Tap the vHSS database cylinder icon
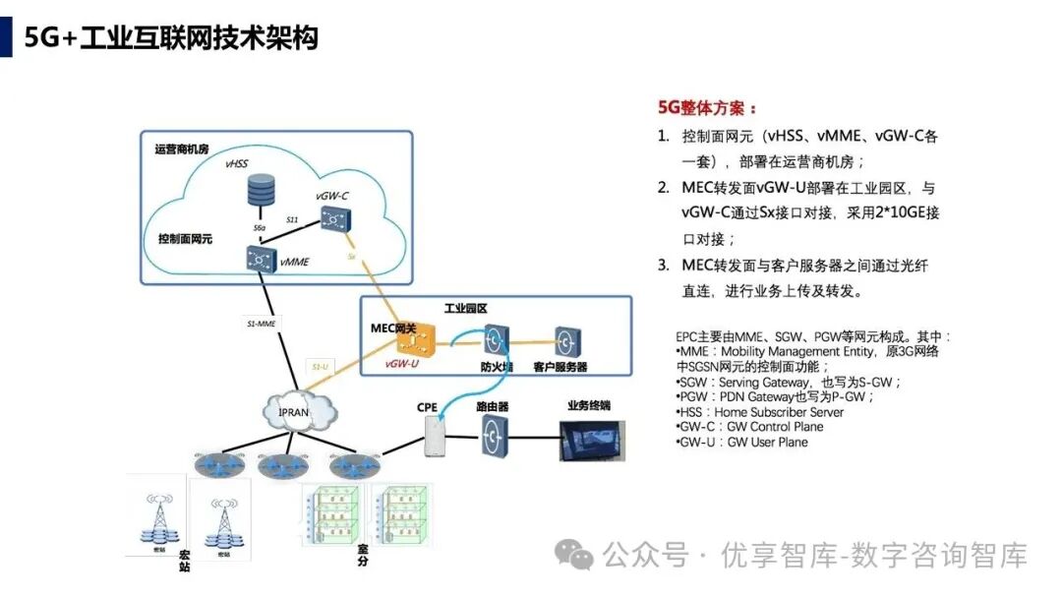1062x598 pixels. pyautogui.click(x=262, y=190)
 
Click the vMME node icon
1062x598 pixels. pyautogui.click(x=263, y=259)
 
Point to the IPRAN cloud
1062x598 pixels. pyautogui.click(x=292, y=411)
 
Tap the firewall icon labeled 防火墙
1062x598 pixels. pyautogui.click(x=497, y=342)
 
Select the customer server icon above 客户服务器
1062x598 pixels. pyautogui.click(x=566, y=341)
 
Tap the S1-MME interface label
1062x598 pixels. pyautogui.click(x=263, y=323)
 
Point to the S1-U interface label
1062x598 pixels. pyautogui.click(x=321, y=367)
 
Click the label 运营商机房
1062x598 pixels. pyautogui.click(x=182, y=149)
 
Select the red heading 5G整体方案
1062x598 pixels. pyautogui.click(x=707, y=108)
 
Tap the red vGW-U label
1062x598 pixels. pyautogui.click(x=402, y=364)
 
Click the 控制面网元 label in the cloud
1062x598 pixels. pyautogui.click(x=186, y=239)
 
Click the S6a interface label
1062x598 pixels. pyautogui.click(x=260, y=228)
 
